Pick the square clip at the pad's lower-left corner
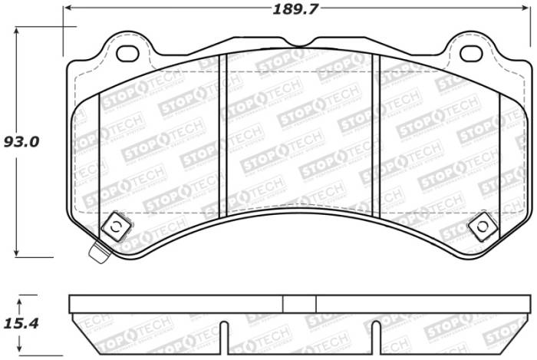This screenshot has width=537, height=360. tap(115, 226)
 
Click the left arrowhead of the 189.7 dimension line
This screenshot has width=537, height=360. tap(68, 8)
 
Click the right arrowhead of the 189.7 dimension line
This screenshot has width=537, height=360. tap(529, 8)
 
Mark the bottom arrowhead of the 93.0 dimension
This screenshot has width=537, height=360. tap(18, 253)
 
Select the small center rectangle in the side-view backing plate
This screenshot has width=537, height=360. tap(299, 304)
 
